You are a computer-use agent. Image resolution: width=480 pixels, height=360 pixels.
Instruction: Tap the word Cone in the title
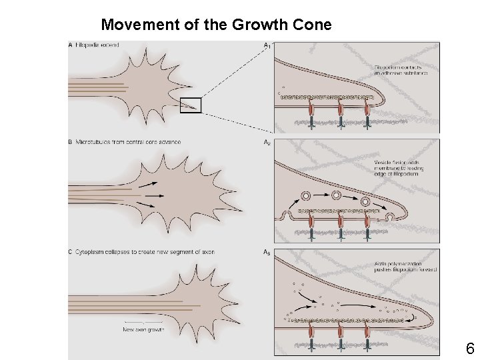[x=310, y=25]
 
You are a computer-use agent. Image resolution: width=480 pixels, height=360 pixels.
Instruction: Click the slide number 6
[x=469, y=348]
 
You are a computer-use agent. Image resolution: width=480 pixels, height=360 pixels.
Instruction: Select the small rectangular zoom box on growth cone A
[x=191, y=105]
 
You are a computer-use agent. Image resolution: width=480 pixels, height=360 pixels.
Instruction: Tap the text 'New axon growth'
[x=144, y=329]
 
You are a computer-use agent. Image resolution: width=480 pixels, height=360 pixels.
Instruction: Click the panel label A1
[x=267, y=45]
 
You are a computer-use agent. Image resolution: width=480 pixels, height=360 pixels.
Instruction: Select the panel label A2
[x=267, y=142]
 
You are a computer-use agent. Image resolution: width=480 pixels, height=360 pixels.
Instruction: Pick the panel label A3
[x=267, y=252]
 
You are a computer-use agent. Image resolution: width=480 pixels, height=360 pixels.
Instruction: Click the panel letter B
[x=71, y=142]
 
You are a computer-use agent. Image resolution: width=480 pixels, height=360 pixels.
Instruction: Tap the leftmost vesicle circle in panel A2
[x=307, y=197]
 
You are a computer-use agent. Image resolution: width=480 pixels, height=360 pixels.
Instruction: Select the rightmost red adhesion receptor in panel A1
[x=367, y=110]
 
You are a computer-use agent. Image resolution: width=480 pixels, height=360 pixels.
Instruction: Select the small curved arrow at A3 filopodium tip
[x=417, y=317]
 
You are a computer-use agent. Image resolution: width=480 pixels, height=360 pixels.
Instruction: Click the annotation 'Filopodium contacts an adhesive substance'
[x=401, y=70]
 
